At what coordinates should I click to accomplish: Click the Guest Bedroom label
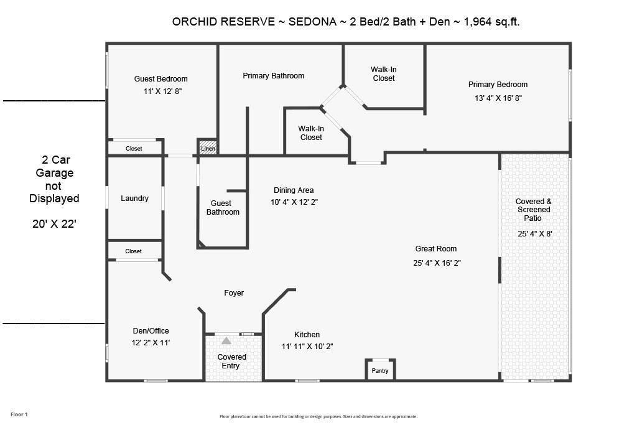[x=160, y=79]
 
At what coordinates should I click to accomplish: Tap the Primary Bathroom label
[x=273, y=76]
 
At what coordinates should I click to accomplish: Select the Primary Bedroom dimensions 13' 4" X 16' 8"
[x=498, y=98]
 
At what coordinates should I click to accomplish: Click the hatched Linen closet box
[x=207, y=147]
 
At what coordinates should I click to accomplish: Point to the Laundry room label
[x=134, y=198]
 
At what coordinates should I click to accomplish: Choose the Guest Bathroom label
[x=223, y=208]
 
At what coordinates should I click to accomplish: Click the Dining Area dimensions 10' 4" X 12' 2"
[x=294, y=202]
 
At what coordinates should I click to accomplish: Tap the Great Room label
[x=435, y=249]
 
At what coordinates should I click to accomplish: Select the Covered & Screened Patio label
[x=533, y=210]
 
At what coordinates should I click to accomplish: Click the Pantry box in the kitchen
[x=380, y=370]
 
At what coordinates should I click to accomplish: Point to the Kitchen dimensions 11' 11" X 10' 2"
[x=307, y=347]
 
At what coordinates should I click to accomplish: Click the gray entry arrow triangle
[x=226, y=340]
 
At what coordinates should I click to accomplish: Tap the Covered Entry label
[x=231, y=362]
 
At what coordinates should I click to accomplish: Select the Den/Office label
[x=151, y=331]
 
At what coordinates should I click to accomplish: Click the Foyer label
[x=234, y=293]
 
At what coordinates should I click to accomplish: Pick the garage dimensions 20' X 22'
[x=54, y=224]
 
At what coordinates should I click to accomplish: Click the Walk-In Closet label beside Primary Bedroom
[x=383, y=74]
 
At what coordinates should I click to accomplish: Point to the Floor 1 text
[x=19, y=414]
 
